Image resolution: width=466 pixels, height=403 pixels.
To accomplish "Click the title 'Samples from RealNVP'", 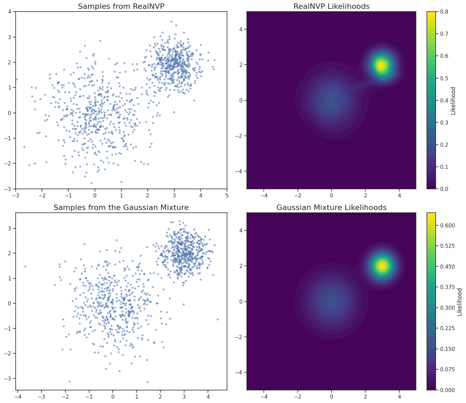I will click(x=121, y=6).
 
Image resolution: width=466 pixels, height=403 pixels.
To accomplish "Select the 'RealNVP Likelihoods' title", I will click(x=331, y=6).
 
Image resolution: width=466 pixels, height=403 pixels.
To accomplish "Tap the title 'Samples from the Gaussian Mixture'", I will click(x=121, y=207).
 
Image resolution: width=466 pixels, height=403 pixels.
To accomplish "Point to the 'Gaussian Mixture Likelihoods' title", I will click(x=331, y=207).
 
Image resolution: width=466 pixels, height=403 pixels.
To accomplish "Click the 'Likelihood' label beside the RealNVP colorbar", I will click(x=453, y=100).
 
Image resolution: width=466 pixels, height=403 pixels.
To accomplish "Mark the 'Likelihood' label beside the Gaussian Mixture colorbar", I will click(x=460, y=302).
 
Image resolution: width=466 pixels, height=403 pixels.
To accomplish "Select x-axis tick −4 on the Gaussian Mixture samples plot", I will click(x=18, y=397).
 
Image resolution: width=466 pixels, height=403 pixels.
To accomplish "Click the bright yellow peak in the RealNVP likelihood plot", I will click(x=381, y=65).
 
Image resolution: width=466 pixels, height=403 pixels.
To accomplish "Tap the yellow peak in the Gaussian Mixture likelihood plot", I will click(x=382, y=266).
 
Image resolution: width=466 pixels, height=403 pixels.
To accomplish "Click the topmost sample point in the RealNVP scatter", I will click(x=171, y=21).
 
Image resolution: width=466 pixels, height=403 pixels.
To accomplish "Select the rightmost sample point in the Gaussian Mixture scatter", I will click(x=218, y=319).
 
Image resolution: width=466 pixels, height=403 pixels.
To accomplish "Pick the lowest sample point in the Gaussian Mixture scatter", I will click(x=147, y=382).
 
